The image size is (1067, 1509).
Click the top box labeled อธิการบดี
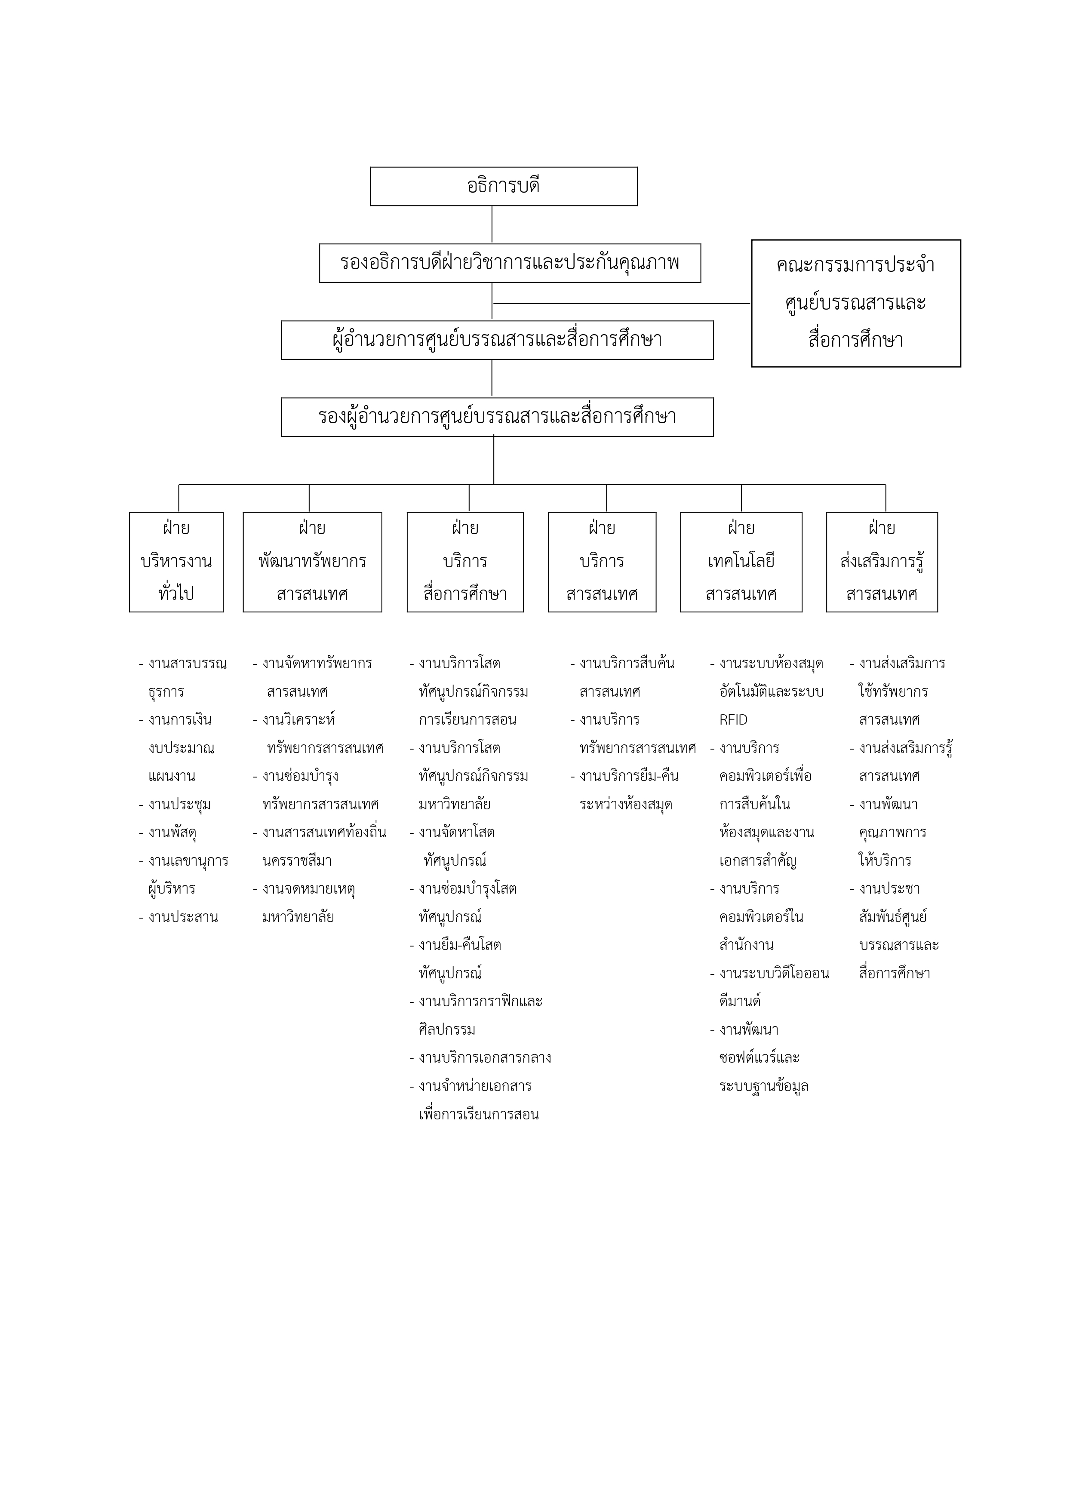click(x=504, y=186)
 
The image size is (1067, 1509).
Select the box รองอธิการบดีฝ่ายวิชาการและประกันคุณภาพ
click(x=510, y=263)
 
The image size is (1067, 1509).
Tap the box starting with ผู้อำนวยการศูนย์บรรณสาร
click(x=497, y=340)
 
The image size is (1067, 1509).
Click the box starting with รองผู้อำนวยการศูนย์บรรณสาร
click(x=497, y=417)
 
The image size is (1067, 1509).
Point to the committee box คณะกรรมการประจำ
click(x=855, y=303)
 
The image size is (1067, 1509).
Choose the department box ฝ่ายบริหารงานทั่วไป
click(x=176, y=562)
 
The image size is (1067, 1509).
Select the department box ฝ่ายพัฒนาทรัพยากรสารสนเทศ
click(x=312, y=562)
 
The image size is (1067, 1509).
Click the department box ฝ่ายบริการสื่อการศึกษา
click(x=465, y=562)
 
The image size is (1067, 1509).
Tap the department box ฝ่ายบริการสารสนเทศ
click(x=602, y=562)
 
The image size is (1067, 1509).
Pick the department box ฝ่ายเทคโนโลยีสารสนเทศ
click(x=741, y=562)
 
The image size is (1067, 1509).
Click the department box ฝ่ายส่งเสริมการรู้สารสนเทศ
click(x=882, y=562)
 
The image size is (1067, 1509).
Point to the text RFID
click(x=733, y=719)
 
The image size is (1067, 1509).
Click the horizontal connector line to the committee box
click(x=621, y=304)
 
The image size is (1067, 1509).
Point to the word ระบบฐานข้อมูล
click(x=764, y=1086)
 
